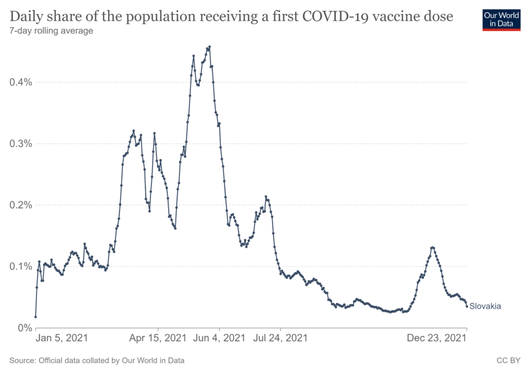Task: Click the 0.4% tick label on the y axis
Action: click(x=20, y=82)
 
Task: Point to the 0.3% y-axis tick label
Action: click(x=20, y=144)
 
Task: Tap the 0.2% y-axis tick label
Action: click(x=20, y=205)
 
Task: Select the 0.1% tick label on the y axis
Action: click(x=20, y=266)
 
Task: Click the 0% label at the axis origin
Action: click(x=24, y=328)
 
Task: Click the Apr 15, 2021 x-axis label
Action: click(x=158, y=338)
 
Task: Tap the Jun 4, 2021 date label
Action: click(x=219, y=338)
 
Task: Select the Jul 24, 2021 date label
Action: click(x=281, y=338)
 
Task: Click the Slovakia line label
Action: click(x=485, y=306)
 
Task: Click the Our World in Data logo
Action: click(x=501, y=19)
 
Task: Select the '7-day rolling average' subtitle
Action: click(x=51, y=31)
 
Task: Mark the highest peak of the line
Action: click(x=210, y=47)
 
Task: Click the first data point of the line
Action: click(x=36, y=317)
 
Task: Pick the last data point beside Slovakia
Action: click(x=467, y=306)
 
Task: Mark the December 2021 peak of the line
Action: click(x=432, y=248)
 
